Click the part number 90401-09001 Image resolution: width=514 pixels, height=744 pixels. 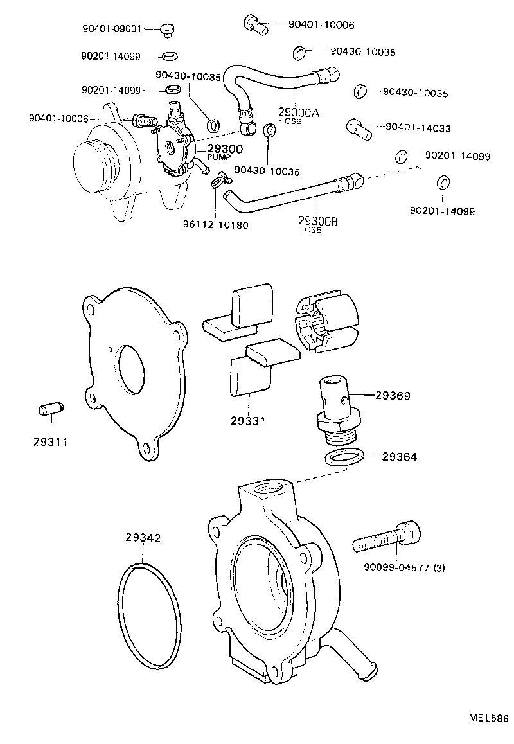pyautogui.click(x=111, y=29)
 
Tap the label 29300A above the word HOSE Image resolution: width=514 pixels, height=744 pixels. pyautogui.click(x=298, y=112)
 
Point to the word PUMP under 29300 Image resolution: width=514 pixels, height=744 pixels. pyautogui.click(x=218, y=157)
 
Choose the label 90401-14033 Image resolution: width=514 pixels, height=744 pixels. pyautogui.click(x=418, y=128)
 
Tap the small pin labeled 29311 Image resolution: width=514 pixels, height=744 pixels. pyautogui.click(x=50, y=409)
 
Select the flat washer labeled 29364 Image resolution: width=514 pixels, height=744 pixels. pyautogui.click(x=342, y=457)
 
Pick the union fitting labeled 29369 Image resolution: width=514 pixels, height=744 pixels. pyautogui.click(x=334, y=409)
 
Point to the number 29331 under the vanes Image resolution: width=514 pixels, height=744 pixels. pyautogui.click(x=248, y=421)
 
